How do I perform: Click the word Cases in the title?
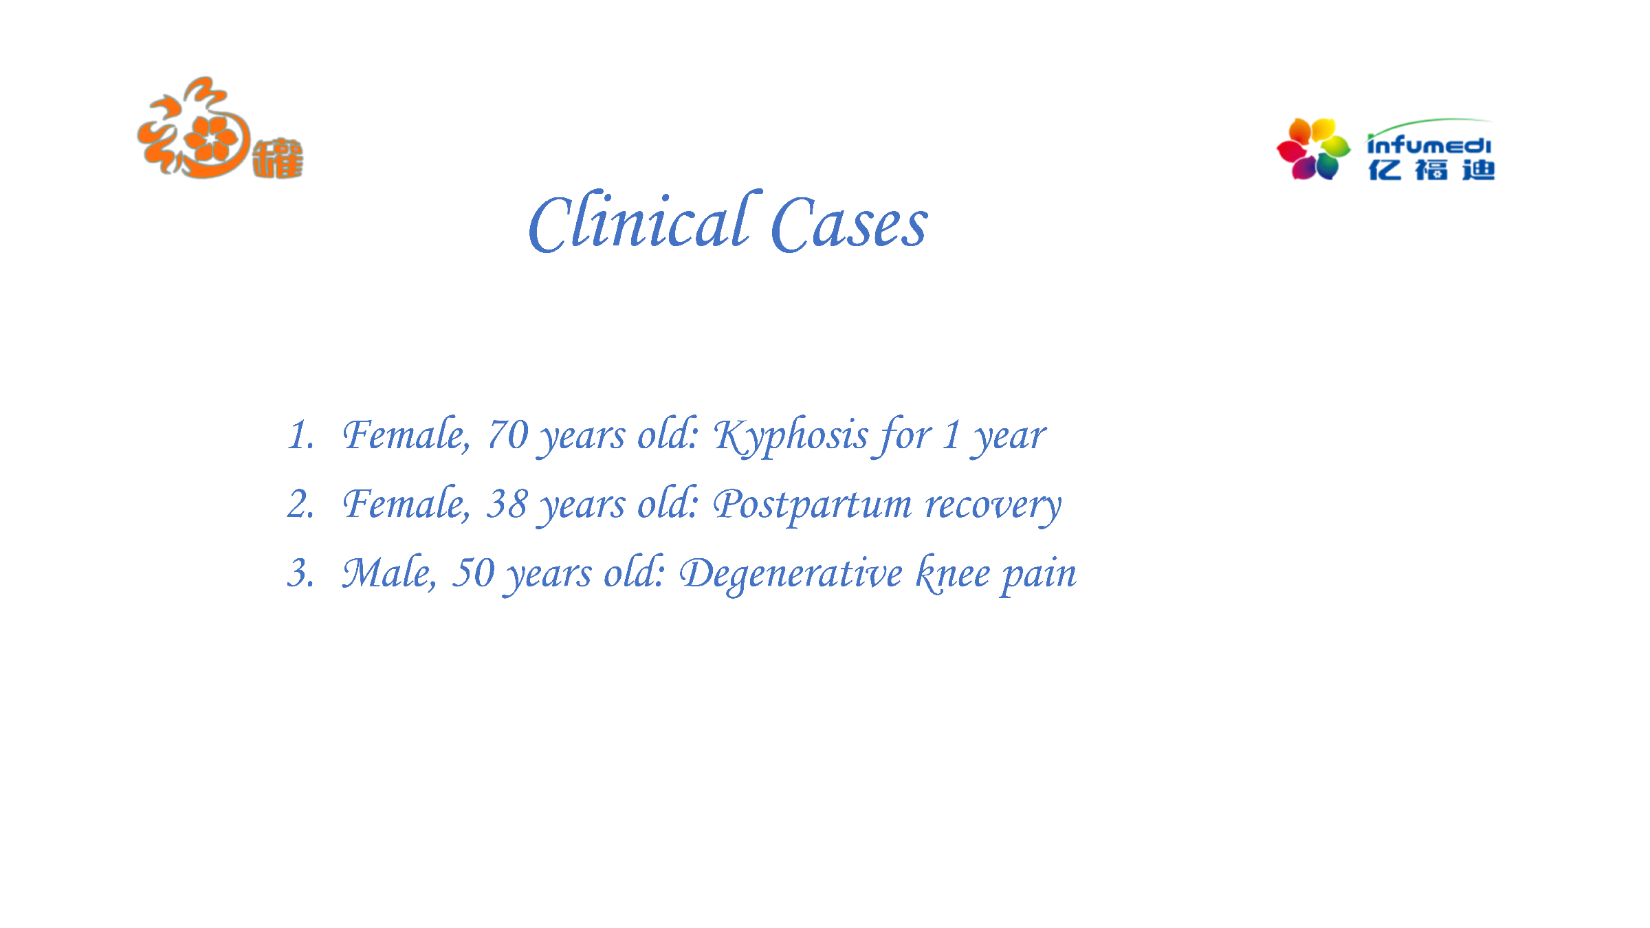tap(850, 224)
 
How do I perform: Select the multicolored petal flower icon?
tap(1313, 149)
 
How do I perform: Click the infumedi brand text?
tap(1429, 143)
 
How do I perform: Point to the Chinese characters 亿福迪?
tap(1431, 170)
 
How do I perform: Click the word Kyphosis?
tap(791, 436)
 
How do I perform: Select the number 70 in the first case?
tap(507, 435)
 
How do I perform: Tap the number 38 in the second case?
tap(507, 504)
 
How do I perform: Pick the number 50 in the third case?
tap(473, 573)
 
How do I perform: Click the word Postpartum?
tap(813, 505)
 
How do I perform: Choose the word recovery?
tap(993, 507)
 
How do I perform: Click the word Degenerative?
tap(791, 575)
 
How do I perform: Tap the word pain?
tap(1039, 575)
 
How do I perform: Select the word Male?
tap(389, 573)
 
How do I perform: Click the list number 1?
tap(301, 435)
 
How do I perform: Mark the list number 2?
tap(301, 504)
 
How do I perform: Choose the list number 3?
tap(301, 573)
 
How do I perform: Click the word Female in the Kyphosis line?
tap(407, 435)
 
